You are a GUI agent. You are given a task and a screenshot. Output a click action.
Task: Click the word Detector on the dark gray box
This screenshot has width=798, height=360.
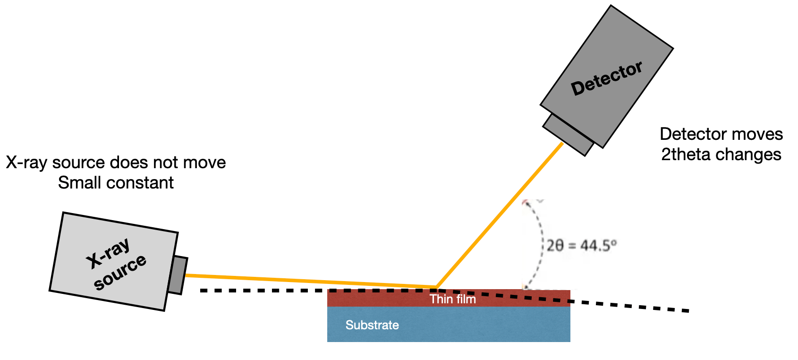(607, 78)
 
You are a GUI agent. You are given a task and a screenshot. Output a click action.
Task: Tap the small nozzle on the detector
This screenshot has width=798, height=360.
(568, 134)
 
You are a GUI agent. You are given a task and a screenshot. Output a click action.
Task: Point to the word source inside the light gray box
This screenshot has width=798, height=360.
(120, 272)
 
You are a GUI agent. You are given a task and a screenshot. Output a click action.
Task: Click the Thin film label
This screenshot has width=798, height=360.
(452, 299)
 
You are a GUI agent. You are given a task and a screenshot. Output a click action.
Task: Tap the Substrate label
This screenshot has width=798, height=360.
(372, 325)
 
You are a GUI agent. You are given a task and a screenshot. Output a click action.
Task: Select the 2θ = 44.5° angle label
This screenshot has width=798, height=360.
(581, 246)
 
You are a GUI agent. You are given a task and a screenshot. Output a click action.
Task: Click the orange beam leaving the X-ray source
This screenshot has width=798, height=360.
(307, 281)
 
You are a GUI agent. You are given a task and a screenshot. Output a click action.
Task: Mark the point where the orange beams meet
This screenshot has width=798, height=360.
(437, 287)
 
